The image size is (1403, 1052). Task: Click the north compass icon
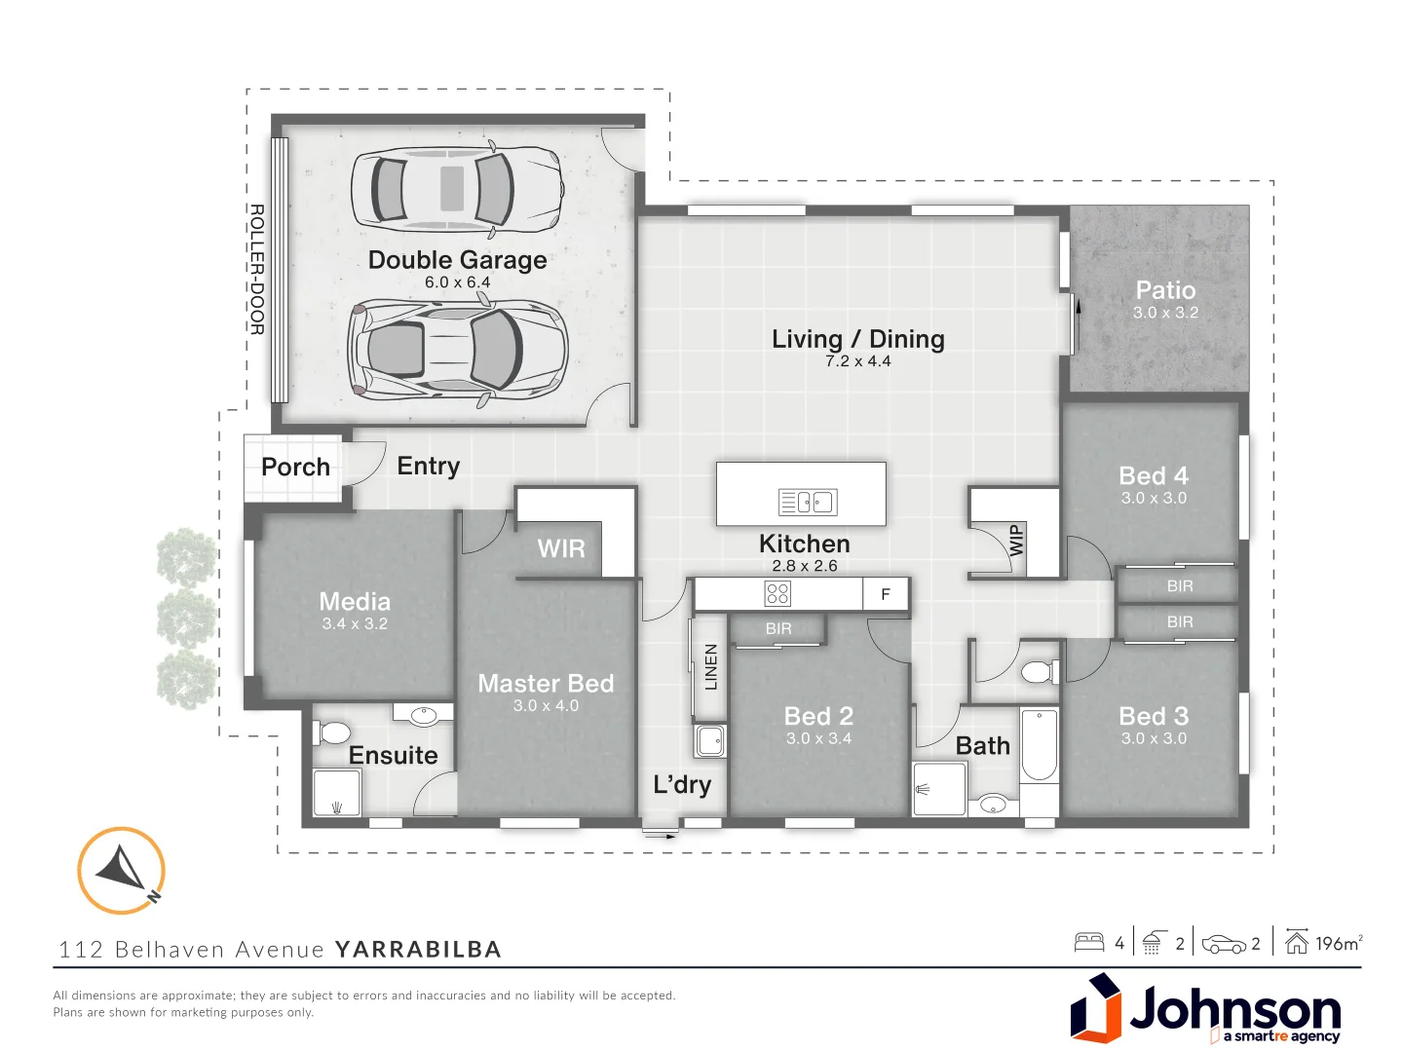pos(122,870)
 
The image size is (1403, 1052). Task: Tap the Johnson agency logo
pos(1206,1009)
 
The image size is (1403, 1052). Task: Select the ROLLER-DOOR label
pos(257,269)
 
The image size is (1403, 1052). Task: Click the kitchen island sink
pos(808,502)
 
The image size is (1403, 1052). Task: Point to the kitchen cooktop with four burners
pos(777,593)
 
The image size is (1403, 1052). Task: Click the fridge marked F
pos(886,594)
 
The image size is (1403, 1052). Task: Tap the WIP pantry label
pos(1016,540)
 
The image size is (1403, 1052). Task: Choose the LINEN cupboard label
pos(710,666)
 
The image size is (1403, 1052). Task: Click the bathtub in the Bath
pos(1040,747)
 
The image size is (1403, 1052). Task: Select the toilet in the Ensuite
pos(333,733)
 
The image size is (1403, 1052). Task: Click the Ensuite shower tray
pos(337,793)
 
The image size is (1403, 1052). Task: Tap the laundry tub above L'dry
pos(710,740)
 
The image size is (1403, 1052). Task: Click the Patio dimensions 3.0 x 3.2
pos(1165,313)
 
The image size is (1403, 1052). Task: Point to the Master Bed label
pos(546,684)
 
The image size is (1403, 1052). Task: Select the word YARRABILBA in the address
pos(418,950)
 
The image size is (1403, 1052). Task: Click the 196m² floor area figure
pos(1338,943)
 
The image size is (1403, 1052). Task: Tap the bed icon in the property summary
pos(1089,942)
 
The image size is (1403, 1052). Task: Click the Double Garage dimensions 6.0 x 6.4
pos(457,282)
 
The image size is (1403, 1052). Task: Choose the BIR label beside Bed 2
pos(778,628)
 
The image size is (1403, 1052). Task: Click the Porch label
pos(295,468)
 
